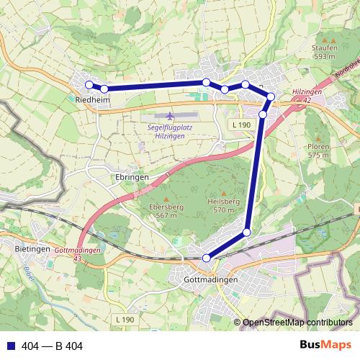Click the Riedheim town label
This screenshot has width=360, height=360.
click(x=91, y=102)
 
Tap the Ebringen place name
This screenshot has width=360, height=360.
click(x=132, y=177)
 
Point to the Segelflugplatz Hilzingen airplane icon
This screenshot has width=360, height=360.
click(x=170, y=116)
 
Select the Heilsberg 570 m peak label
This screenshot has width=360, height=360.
click(x=222, y=205)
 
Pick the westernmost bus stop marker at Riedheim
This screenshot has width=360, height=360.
click(x=89, y=84)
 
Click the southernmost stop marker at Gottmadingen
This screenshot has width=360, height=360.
click(x=207, y=258)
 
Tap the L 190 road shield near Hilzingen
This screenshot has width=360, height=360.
click(x=241, y=125)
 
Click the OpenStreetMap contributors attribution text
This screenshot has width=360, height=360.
click(x=296, y=323)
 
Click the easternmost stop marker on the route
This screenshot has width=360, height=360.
click(x=271, y=96)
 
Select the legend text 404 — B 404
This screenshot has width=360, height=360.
click(x=52, y=346)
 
